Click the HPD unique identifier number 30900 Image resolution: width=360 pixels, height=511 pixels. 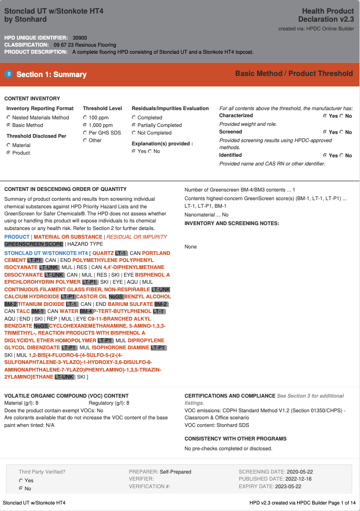pyautogui.click(x=80, y=37)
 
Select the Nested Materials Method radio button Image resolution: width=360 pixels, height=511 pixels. pyautogui.click(x=9, y=117)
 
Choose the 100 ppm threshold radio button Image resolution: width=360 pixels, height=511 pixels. pyautogui.click(x=85, y=117)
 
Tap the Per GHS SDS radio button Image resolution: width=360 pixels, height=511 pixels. pyautogui.click(x=85, y=132)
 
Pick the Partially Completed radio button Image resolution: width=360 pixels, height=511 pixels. pyautogui.click(x=134, y=125)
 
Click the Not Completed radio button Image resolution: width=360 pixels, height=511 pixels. pyautogui.click(x=134, y=132)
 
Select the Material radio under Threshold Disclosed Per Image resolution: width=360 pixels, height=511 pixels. pyautogui.click(x=9, y=145)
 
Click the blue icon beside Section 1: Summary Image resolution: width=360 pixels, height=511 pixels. pyautogui.click(x=9, y=74)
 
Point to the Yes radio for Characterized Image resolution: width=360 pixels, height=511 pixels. pyautogui.click(x=325, y=116)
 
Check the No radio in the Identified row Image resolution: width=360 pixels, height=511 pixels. pyautogui.click(x=342, y=155)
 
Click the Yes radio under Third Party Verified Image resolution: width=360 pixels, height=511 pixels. pyautogui.click(x=21, y=481)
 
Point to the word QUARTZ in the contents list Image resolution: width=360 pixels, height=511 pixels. pyautogui.click(x=102, y=253)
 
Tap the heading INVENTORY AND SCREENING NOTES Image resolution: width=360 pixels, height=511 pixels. pyautogui.click(x=232, y=223)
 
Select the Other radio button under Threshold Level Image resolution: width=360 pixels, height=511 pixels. pyautogui.click(x=85, y=140)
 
